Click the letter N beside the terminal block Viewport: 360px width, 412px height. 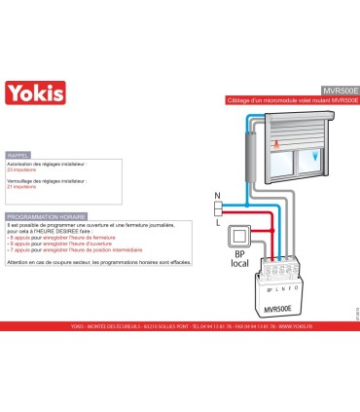point(218,195)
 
